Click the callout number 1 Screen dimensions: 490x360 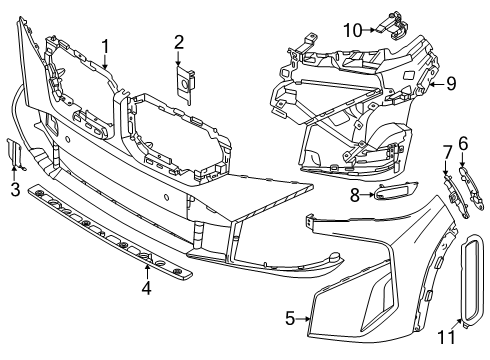[105, 47]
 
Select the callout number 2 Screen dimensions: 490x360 [179, 43]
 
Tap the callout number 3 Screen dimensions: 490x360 [15, 189]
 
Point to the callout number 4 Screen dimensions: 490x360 [146, 287]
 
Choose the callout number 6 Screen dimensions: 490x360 [463, 144]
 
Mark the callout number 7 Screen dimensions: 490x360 [447, 153]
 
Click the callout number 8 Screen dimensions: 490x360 [355, 195]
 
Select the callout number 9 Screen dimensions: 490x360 [451, 83]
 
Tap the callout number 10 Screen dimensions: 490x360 [353, 30]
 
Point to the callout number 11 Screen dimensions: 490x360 [446, 337]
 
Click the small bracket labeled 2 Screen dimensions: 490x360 [185, 85]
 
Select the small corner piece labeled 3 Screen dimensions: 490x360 [15, 153]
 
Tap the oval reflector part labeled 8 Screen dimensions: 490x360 [396, 190]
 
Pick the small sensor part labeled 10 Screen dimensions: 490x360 [393, 26]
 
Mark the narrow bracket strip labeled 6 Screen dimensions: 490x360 [472, 189]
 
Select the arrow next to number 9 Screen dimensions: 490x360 [437, 84]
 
